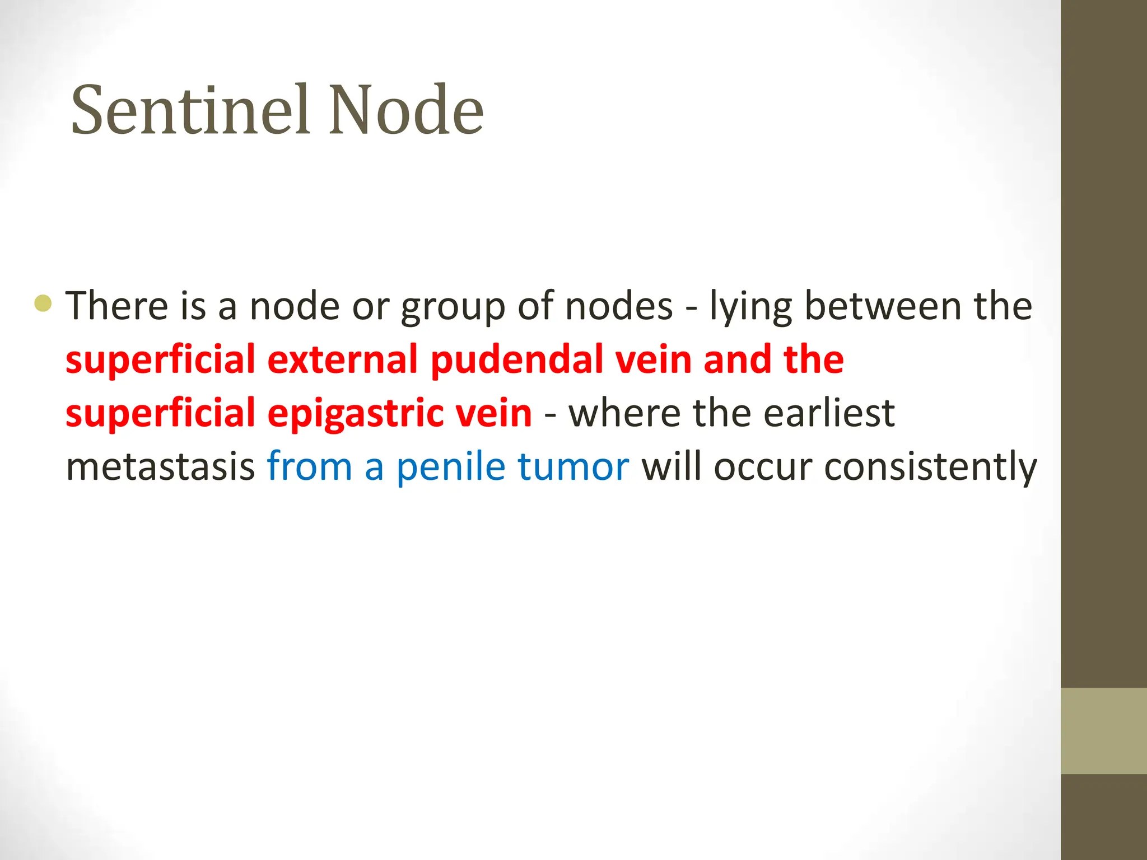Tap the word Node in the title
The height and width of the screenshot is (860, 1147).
pyautogui.click(x=406, y=110)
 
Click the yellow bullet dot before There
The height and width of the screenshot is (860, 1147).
pyautogui.click(x=43, y=303)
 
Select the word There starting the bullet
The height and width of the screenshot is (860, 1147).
pyautogui.click(x=117, y=306)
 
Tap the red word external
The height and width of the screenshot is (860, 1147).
pyautogui.click(x=343, y=359)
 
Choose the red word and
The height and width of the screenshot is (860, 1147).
pyautogui.click(x=737, y=359)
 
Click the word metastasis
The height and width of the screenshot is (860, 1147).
pyautogui.click(x=161, y=467)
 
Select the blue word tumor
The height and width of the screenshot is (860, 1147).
pyautogui.click(x=573, y=467)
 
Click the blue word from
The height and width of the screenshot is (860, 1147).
pyautogui.click(x=309, y=467)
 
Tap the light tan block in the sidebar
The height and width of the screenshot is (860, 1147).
pyautogui.click(x=1104, y=731)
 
